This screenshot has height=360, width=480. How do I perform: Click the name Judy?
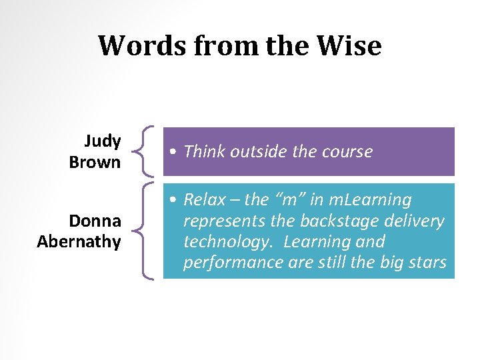pyautogui.click(x=102, y=141)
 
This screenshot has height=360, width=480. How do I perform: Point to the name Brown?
pyautogui.click(x=95, y=162)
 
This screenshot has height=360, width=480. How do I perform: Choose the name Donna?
pyautogui.click(x=95, y=221)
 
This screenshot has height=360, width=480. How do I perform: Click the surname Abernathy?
pyautogui.click(x=79, y=241)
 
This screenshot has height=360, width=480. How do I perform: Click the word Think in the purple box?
pyautogui.click(x=204, y=152)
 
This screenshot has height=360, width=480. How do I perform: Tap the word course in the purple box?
pyautogui.click(x=346, y=152)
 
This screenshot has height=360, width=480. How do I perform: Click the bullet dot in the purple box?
pyautogui.click(x=173, y=153)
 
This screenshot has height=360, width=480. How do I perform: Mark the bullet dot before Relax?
pyautogui.click(x=173, y=200)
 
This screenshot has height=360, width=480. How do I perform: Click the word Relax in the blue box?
pyautogui.click(x=203, y=199)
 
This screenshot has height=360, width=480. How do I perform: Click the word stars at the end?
pyautogui.click(x=427, y=262)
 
